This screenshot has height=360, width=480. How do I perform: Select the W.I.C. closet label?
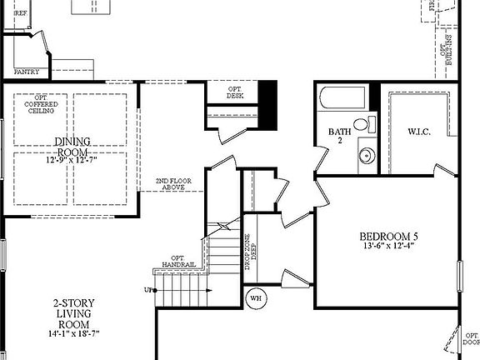click(x=419, y=132)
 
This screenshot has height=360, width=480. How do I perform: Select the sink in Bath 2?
click(x=363, y=154)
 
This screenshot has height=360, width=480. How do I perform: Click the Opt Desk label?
click(x=235, y=92)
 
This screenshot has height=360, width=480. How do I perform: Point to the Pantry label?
click(x=26, y=72)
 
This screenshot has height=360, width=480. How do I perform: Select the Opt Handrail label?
click(x=178, y=261)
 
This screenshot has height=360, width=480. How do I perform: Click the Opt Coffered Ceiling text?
click(x=41, y=104)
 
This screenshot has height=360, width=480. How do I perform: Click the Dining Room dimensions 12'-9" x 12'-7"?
click(x=72, y=160)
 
